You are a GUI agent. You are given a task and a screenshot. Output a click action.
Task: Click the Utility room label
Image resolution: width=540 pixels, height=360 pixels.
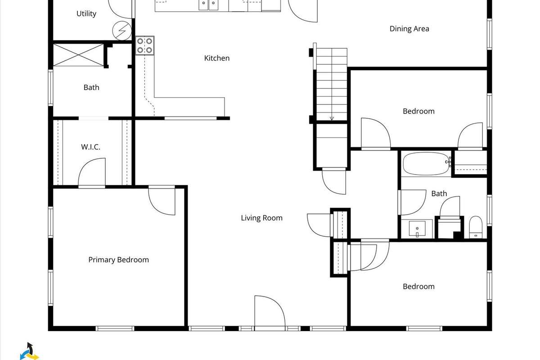(86, 14)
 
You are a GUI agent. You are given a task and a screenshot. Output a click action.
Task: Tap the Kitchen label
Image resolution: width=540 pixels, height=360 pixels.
(217, 58)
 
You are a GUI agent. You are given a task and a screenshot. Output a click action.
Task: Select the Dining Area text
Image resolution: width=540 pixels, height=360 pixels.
(409, 29)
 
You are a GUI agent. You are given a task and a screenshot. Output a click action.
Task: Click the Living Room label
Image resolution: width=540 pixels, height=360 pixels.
(261, 218)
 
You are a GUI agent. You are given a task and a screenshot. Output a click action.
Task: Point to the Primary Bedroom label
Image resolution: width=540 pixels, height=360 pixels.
(119, 260)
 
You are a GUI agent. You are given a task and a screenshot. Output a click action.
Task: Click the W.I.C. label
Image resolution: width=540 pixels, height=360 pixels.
(90, 147)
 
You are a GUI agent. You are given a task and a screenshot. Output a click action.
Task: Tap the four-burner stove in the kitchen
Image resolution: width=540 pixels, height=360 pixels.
(144, 45)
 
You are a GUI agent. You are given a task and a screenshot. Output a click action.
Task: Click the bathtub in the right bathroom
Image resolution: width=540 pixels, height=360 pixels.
(426, 163)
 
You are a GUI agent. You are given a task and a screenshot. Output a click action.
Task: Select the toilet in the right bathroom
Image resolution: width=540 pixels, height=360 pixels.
(475, 227)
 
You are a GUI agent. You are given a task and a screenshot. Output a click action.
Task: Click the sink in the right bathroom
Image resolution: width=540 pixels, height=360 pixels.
(417, 229)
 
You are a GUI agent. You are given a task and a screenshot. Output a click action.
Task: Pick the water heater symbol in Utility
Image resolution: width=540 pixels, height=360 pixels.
(122, 31)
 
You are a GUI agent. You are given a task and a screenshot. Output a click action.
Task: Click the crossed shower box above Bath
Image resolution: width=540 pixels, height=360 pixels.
(78, 55)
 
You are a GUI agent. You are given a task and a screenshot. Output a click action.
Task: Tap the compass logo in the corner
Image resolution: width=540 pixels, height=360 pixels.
(29, 351)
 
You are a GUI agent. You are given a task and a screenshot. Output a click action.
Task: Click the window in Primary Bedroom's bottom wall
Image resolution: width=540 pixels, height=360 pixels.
(115, 328)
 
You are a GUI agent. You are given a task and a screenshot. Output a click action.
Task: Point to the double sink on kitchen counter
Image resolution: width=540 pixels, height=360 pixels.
(208, 5)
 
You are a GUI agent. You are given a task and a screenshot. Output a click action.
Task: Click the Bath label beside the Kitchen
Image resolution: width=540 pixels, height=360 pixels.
(91, 87)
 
